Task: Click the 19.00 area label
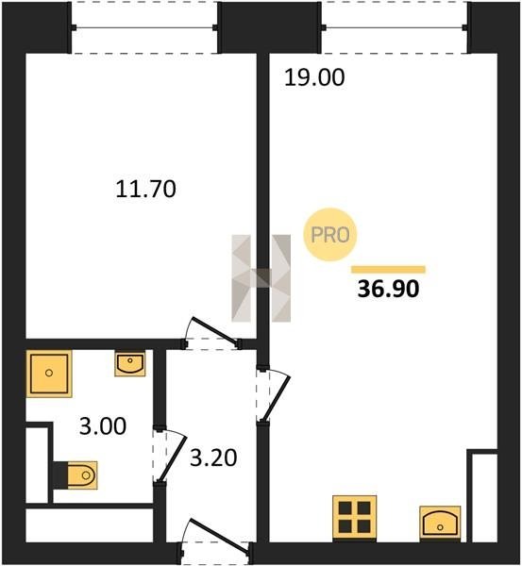coord(314,78)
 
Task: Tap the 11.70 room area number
coord(146,190)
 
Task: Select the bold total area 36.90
coord(388,290)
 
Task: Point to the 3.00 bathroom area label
coord(103,426)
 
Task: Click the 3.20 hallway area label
coord(213,458)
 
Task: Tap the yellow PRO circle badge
coord(329,235)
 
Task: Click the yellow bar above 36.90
coord(388,269)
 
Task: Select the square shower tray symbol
coord(49,374)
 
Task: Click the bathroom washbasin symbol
coord(130,363)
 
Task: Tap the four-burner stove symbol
coord(354,518)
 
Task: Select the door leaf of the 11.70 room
coord(216,330)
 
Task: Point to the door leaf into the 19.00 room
coord(277,398)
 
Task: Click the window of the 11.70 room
coord(144,27)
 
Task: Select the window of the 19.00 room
coord(395,27)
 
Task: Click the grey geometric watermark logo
coord(261,278)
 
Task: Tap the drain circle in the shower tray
coord(49,373)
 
